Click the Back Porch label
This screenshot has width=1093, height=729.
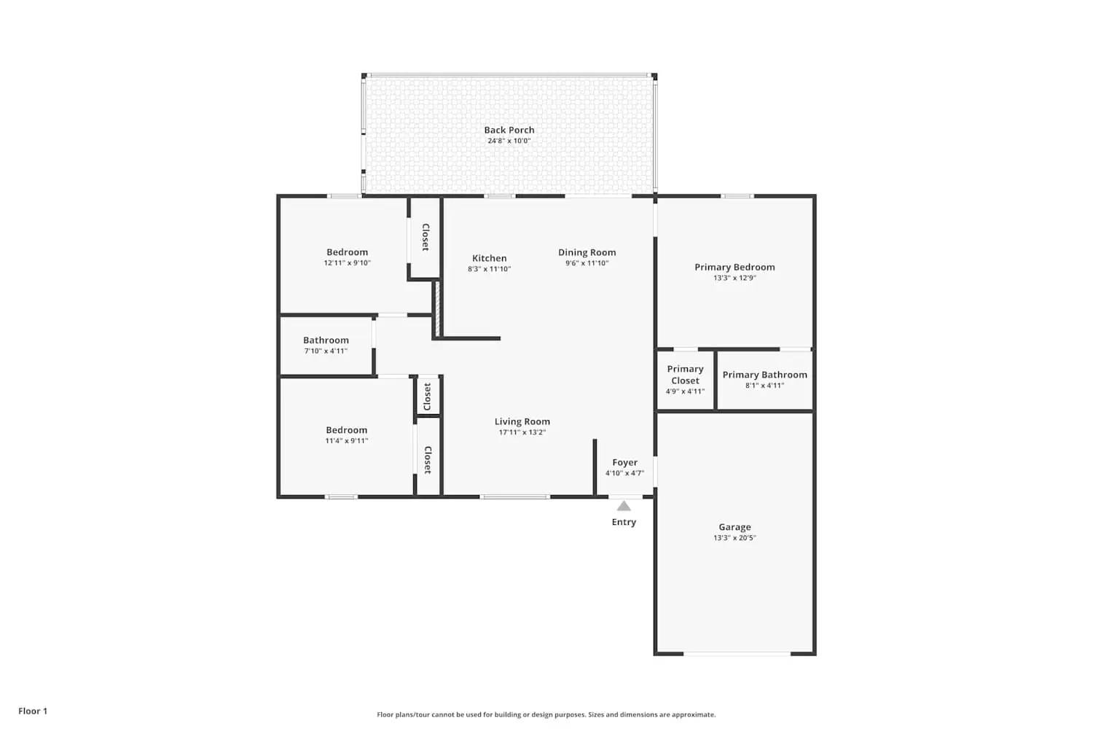tap(509, 130)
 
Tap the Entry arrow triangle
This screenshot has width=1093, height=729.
tap(624, 506)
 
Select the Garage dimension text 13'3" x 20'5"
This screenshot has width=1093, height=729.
tap(734, 538)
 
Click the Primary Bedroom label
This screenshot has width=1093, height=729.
tap(734, 267)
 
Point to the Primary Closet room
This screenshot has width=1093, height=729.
tap(685, 380)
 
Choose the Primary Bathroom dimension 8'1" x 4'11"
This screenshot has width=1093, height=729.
tap(764, 386)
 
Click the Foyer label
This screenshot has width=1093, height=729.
tap(624, 462)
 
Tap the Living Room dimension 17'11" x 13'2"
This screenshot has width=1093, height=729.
tap(522, 432)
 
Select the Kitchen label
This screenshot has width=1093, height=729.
tap(489, 258)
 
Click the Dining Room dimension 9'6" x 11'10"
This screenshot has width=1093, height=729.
tap(587, 263)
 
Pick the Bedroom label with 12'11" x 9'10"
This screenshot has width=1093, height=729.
tap(347, 252)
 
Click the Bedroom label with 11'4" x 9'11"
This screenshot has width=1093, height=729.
tap(346, 430)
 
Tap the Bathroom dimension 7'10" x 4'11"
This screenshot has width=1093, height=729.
tap(326, 351)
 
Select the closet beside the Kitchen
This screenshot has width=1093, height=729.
tap(425, 237)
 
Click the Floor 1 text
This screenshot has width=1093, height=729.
tap(33, 711)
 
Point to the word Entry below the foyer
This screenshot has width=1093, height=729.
tap(624, 522)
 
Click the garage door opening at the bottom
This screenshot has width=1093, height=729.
tap(737, 654)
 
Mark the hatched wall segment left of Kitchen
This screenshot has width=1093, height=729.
tap(437, 309)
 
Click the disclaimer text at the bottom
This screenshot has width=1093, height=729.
tap(546, 714)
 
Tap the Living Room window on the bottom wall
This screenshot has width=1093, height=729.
tap(514, 497)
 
